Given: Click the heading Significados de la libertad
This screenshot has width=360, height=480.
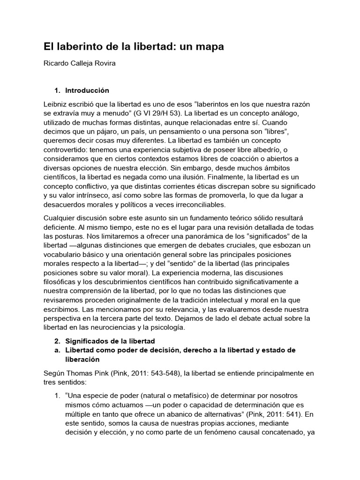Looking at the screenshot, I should pos(110,341).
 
